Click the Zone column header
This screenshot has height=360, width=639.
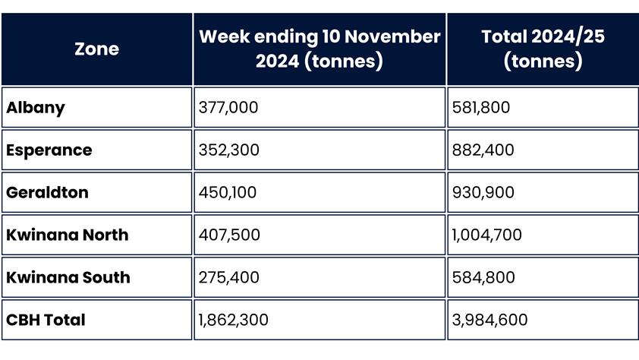(96, 49)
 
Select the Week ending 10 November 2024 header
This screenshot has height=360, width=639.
(319, 49)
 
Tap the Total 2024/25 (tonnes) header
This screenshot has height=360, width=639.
(542, 49)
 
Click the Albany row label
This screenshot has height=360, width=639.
(36, 108)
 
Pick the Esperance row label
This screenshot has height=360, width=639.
(49, 150)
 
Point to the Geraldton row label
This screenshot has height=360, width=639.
(47, 193)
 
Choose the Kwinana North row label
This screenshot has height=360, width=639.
(68, 235)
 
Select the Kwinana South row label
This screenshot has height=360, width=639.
(68, 278)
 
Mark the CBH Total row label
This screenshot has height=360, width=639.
(46, 321)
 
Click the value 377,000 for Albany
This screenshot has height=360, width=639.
(228, 108)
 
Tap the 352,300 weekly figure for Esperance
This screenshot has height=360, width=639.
(228, 150)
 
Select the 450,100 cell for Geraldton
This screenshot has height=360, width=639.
(228, 193)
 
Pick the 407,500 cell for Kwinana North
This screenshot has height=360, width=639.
(228, 235)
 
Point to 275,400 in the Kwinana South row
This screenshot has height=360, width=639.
(228, 278)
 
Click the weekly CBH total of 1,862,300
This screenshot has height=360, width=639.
(233, 321)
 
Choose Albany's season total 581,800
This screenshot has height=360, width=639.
(481, 108)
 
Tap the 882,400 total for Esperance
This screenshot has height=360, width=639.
(483, 150)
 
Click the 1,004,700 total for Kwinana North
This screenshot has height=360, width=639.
(486, 235)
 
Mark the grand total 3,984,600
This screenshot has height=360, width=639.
(489, 321)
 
